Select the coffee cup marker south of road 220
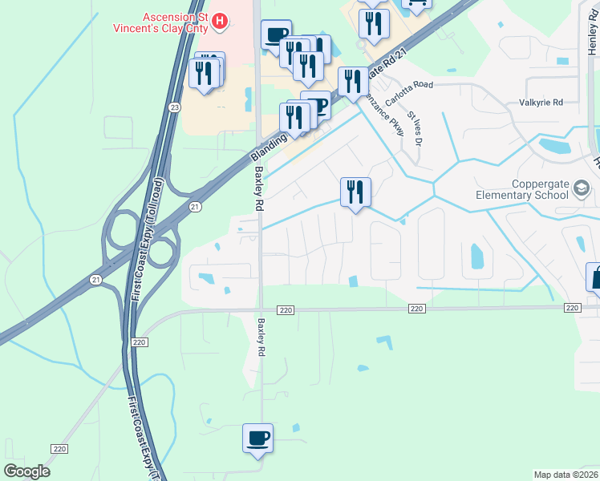pos(257,439)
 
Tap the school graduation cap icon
pos(582,189)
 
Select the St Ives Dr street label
pos(414,127)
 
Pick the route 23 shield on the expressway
pos(175,107)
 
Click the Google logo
pos(26,471)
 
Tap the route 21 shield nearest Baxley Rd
pos(194,207)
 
